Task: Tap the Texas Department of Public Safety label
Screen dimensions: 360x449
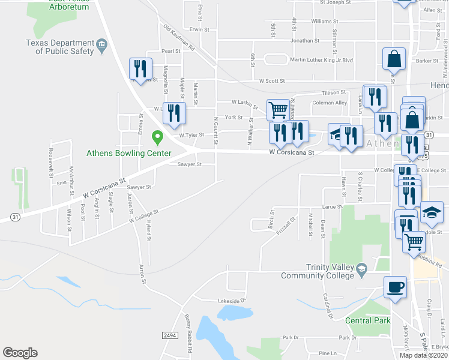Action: (x=60, y=47)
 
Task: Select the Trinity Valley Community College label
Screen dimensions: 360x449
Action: (x=318, y=271)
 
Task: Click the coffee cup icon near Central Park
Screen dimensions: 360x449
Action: (x=395, y=286)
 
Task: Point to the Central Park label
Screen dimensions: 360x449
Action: (x=367, y=320)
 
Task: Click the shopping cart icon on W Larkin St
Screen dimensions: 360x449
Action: (x=278, y=110)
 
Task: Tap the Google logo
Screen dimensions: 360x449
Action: (x=20, y=353)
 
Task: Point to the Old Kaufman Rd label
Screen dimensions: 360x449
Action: (x=179, y=37)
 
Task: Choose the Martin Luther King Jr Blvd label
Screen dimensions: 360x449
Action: (x=321, y=60)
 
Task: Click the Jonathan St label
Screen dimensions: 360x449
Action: (x=305, y=41)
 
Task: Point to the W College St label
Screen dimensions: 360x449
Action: (x=143, y=217)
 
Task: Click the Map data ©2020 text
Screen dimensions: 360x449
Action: (x=423, y=355)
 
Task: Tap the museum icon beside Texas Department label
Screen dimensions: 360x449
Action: (x=101, y=43)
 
